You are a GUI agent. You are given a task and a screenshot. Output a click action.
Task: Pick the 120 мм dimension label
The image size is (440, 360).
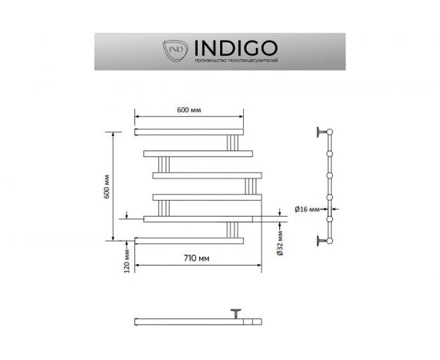coord(127,265)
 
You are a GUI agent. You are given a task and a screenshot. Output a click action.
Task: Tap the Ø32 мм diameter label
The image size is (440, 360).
coord(279,239)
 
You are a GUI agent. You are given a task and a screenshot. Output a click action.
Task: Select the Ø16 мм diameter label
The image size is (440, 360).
coord(306,210)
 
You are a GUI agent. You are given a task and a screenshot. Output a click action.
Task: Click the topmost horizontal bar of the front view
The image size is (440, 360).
coord(188,130)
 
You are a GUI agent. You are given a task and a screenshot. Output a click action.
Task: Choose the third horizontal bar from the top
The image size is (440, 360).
coord(206,174)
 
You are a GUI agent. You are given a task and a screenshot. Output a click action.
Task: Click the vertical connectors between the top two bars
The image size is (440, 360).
coord(233,142)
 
